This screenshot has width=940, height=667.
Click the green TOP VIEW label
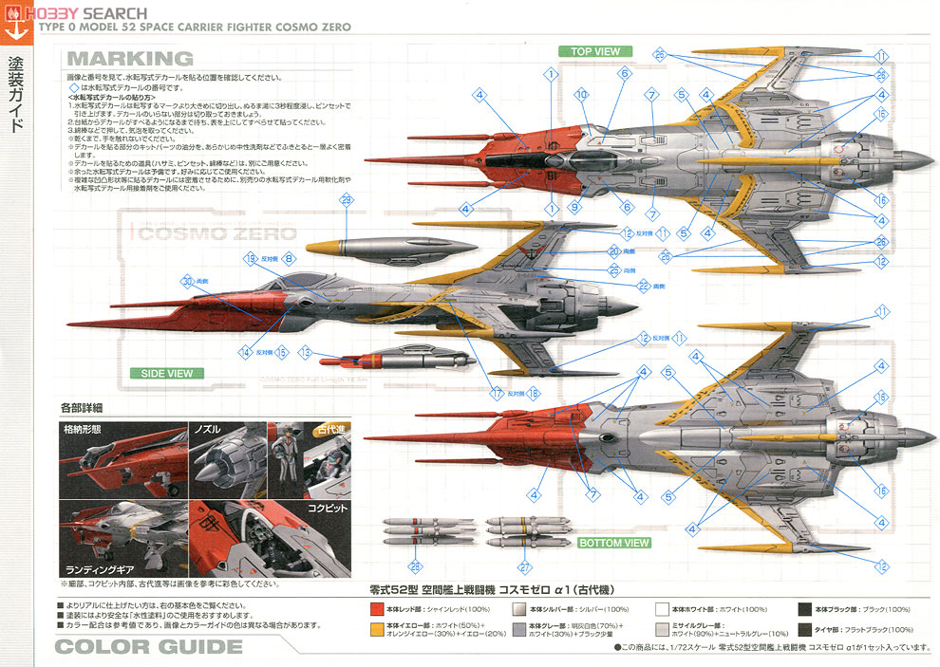594,51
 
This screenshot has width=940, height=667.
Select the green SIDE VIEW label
167,373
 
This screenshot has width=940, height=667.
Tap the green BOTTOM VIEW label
614,543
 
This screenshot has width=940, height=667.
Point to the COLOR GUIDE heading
148,648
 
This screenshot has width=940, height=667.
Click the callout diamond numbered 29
346,199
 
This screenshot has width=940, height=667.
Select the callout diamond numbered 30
188,281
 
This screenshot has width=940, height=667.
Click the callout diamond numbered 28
415,566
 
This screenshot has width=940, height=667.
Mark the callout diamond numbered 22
643,286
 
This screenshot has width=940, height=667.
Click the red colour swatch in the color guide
377,608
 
